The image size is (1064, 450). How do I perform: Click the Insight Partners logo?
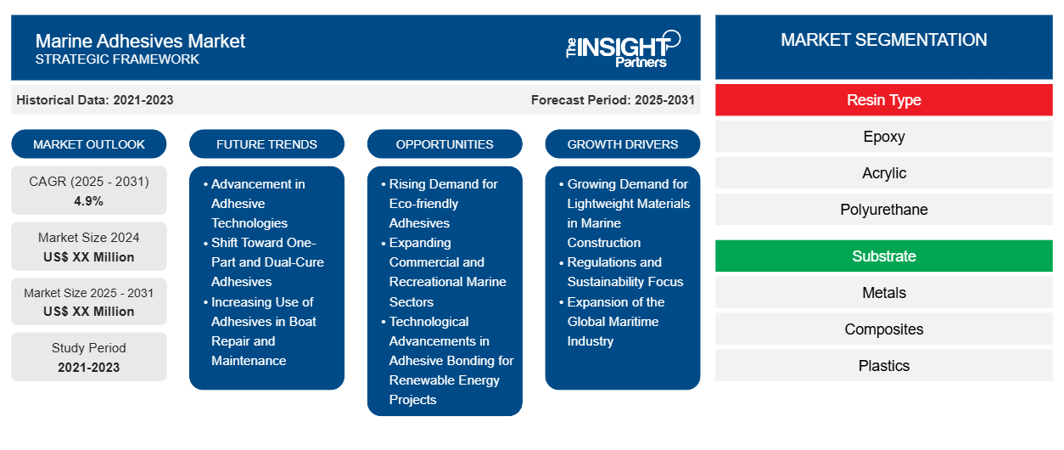[623, 48]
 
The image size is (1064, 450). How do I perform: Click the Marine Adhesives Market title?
[140, 41]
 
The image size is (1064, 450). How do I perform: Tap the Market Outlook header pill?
[89, 144]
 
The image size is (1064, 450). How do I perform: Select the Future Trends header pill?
[266, 144]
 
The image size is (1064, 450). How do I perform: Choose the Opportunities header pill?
[445, 144]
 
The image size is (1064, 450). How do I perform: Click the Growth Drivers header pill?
[623, 144]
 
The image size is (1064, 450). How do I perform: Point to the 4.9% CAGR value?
[89, 201]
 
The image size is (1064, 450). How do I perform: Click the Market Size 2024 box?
[89, 247]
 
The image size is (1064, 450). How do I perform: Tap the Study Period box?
[89, 357]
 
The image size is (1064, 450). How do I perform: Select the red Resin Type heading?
[883, 100]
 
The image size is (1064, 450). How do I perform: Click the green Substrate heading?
[883, 256]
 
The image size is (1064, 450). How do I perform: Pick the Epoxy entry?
[883, 137]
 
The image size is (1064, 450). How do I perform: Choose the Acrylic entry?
[883, 173]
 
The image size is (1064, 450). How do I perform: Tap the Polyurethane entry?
[883, 210]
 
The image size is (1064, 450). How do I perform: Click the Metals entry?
[883, 293]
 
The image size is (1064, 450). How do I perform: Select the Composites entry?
[883, 329]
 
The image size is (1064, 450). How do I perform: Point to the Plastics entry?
[883, 366]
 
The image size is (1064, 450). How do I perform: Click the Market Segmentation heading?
[883, 40]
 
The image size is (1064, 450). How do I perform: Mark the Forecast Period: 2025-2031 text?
[613, 100]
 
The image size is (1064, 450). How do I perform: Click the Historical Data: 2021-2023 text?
[95, 100]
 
